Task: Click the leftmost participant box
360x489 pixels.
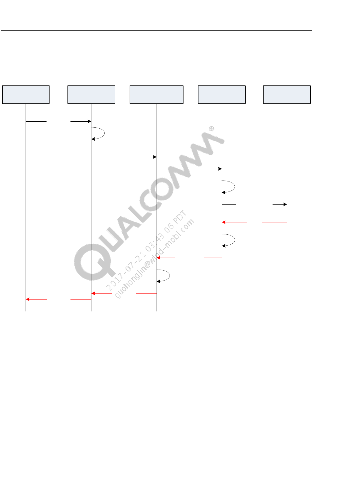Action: click(x=26, y=95)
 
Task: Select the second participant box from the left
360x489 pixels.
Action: click(x=91, y=95)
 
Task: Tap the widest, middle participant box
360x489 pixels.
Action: click(x=157, y=95)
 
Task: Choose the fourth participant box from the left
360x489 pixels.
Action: click(x=222, y=95)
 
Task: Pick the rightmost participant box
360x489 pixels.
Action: click(x=287, y=95)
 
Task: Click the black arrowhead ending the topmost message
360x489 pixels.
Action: click(x=89, y=121)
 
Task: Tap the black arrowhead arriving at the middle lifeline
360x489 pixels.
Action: click(x=155, y=157)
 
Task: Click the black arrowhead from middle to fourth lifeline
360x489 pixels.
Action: click(x=220, y=169)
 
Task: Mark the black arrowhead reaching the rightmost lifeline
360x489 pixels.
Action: click(x=285, y=204)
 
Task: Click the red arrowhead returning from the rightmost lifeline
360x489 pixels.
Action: click(x=224, y=222)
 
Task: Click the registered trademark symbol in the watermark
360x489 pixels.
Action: click(x=211, y=128)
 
